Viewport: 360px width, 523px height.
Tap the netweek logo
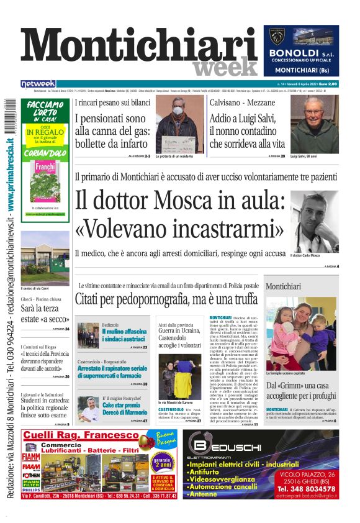coord(38,83)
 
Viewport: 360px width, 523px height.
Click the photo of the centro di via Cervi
coord(45,258)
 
